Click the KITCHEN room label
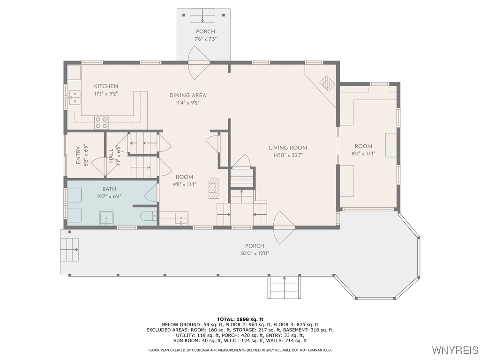click(106, 86)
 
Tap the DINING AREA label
click(187, 95)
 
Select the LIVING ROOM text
click(288, 148)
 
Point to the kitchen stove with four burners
click(101, 123)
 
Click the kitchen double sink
click(74, 97)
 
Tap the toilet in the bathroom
click(148, 217)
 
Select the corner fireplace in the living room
click(327, 82)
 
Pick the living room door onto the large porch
click(284, 227)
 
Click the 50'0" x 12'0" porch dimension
click(255, 253)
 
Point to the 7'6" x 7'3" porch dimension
click(205, 39)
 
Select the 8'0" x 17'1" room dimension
click(363, 153)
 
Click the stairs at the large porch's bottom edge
click(284, 287)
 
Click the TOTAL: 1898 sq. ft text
click(240, 319)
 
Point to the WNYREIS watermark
click(455, 350)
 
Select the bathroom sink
click(106, 218)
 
